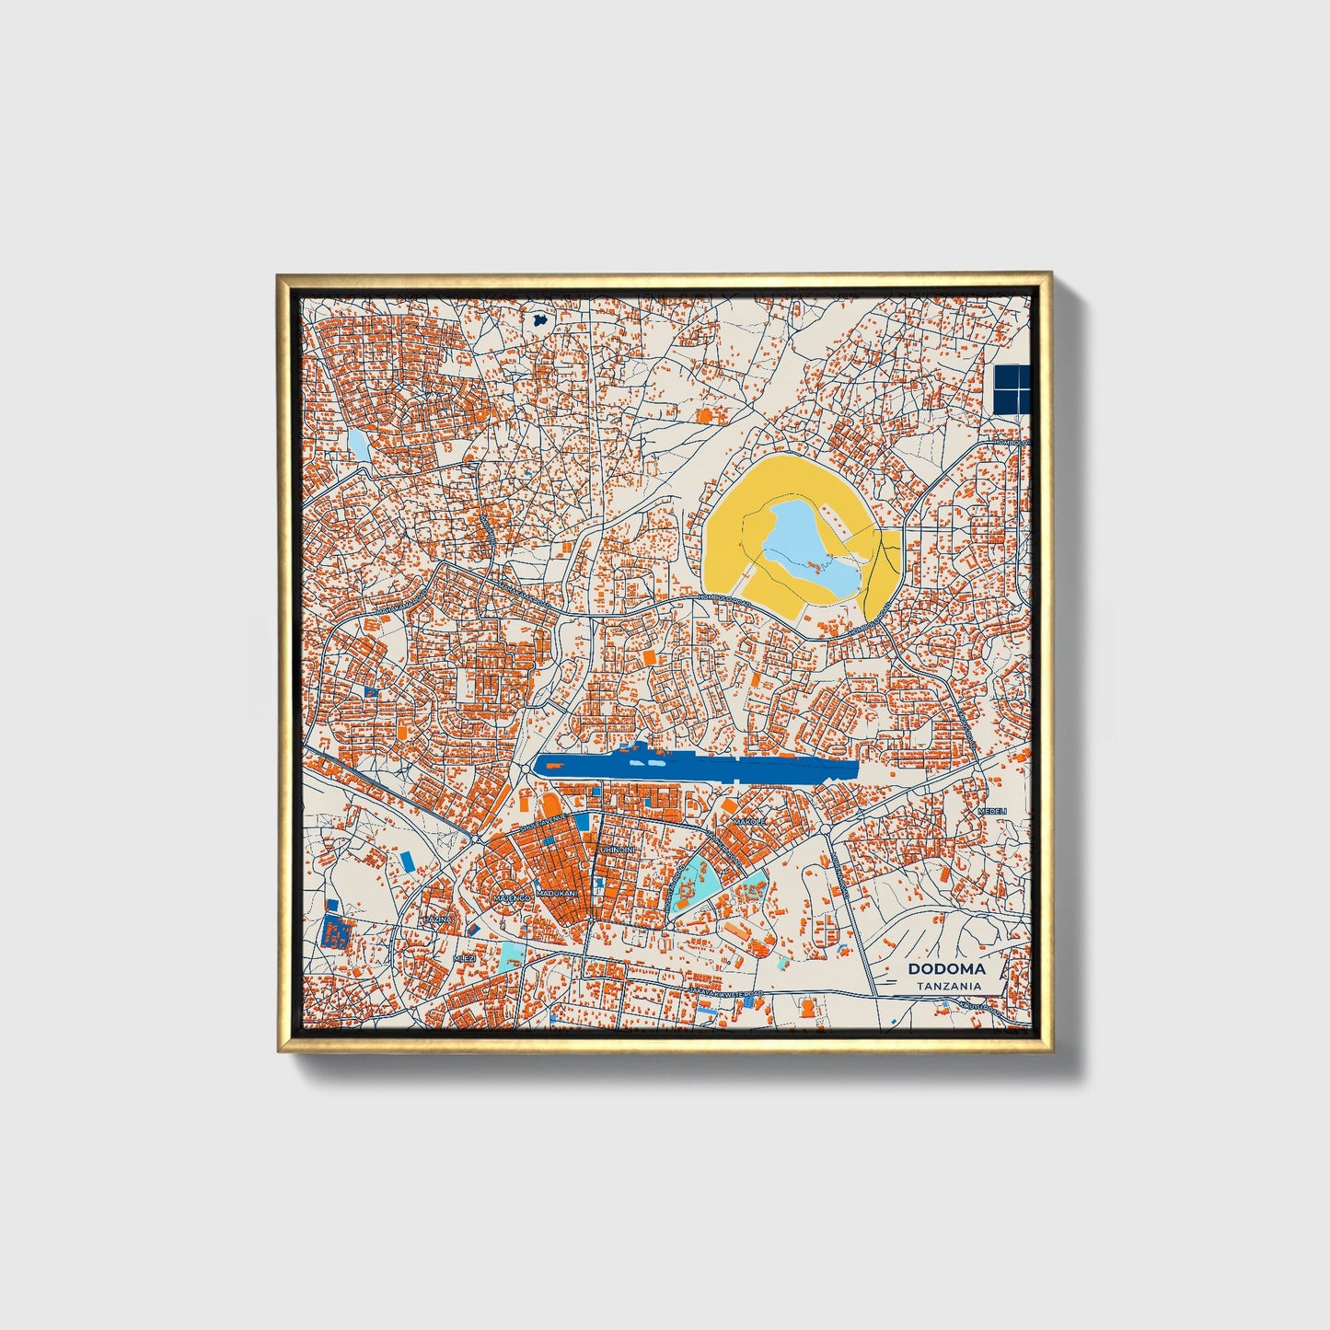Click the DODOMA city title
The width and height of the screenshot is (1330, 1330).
[x=946, y=968]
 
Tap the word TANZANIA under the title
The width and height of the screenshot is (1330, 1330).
[x=948, y=986]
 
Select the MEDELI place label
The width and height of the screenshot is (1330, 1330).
[x=993, y=811]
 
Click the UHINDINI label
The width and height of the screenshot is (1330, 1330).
[x=617, y=849]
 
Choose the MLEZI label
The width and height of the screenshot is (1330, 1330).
[x=465, y=958]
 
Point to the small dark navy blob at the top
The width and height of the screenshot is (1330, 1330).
[x=540, y=321]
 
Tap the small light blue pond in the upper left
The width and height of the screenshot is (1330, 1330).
[x=358, y=445]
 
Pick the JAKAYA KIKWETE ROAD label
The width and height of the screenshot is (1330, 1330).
[x=727, y=992]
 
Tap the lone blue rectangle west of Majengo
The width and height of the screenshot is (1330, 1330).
[x=408, y=862]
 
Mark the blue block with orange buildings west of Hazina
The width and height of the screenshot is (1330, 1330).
[x=334, y=932]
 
